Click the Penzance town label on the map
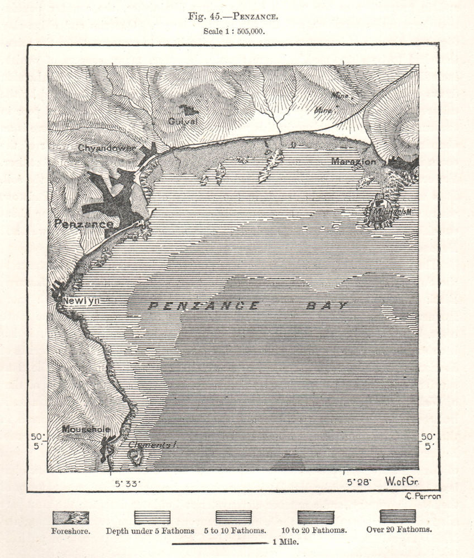coord(84,223)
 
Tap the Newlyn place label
coord(81,301)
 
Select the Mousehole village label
coord(85,429)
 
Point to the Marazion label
coord(353,161)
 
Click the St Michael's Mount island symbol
coord(382,210)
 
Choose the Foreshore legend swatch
coord(70,517)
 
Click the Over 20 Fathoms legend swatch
coord(398,516)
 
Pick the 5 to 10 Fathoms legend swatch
coord(233,517)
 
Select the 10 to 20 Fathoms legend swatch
coord(315,517)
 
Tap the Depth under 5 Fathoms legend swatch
coord(152,517)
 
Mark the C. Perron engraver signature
coord(421,496)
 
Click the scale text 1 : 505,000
coord(233,32)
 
